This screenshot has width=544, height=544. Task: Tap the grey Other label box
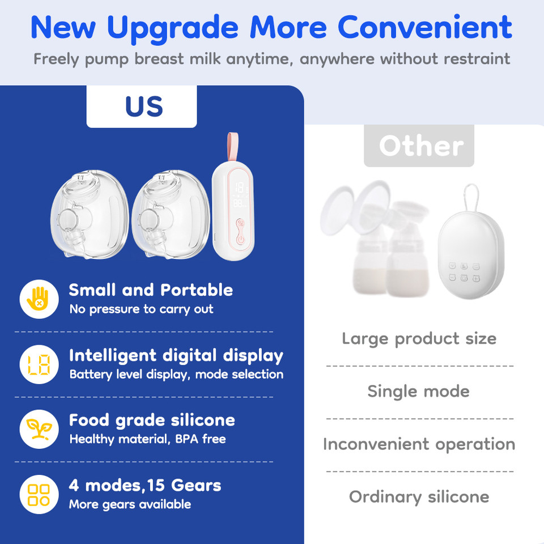coord(419,146)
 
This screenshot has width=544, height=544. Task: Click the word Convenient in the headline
coord(426,27)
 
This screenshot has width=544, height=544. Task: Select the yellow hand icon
coord(39,299)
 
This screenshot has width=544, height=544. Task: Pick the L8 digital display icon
coord(39,364)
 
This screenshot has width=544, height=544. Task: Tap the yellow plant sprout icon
coord(39,429)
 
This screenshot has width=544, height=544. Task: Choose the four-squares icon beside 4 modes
coord(39,494)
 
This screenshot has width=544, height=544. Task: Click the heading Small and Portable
coord(151,290)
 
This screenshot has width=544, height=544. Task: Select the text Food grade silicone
coord(152,420)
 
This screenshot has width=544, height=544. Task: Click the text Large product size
coord(419,339)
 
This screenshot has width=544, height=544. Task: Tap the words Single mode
coord(418,391)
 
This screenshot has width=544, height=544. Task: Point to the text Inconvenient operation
coord(419,444)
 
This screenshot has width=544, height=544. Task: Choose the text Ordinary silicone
coord(419,497)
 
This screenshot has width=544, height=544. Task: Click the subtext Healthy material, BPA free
coord(147,439)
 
